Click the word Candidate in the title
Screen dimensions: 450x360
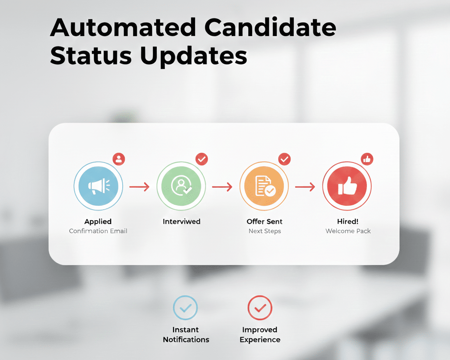coord(270,27)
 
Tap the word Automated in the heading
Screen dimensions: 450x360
coord(123,27)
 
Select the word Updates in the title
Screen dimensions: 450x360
coord(193,56)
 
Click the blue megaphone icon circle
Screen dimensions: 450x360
coord(98,186)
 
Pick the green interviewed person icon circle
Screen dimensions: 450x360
coord(181,186)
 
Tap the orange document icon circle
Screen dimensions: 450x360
coord(264,186)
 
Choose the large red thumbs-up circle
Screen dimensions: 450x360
coord(347,186)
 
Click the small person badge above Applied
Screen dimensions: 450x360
coord(119,159)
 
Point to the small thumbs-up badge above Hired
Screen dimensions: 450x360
coord(367,159)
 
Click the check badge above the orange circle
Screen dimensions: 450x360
coord(284,159)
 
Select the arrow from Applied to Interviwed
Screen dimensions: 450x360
coord(139,187)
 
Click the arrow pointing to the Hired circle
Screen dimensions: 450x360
coord(305,187)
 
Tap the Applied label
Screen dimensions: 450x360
coord(98,222)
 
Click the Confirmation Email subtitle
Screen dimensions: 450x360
coord(98,231)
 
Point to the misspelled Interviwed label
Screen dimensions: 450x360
coord(181,222)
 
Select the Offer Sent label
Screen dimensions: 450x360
coord(265,222)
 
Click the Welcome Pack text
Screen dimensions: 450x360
coord(348,231)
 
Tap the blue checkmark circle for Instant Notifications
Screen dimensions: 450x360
coord(185,308)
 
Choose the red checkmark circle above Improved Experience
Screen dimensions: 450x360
coord(260,308)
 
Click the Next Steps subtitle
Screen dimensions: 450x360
coord(265,231)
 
